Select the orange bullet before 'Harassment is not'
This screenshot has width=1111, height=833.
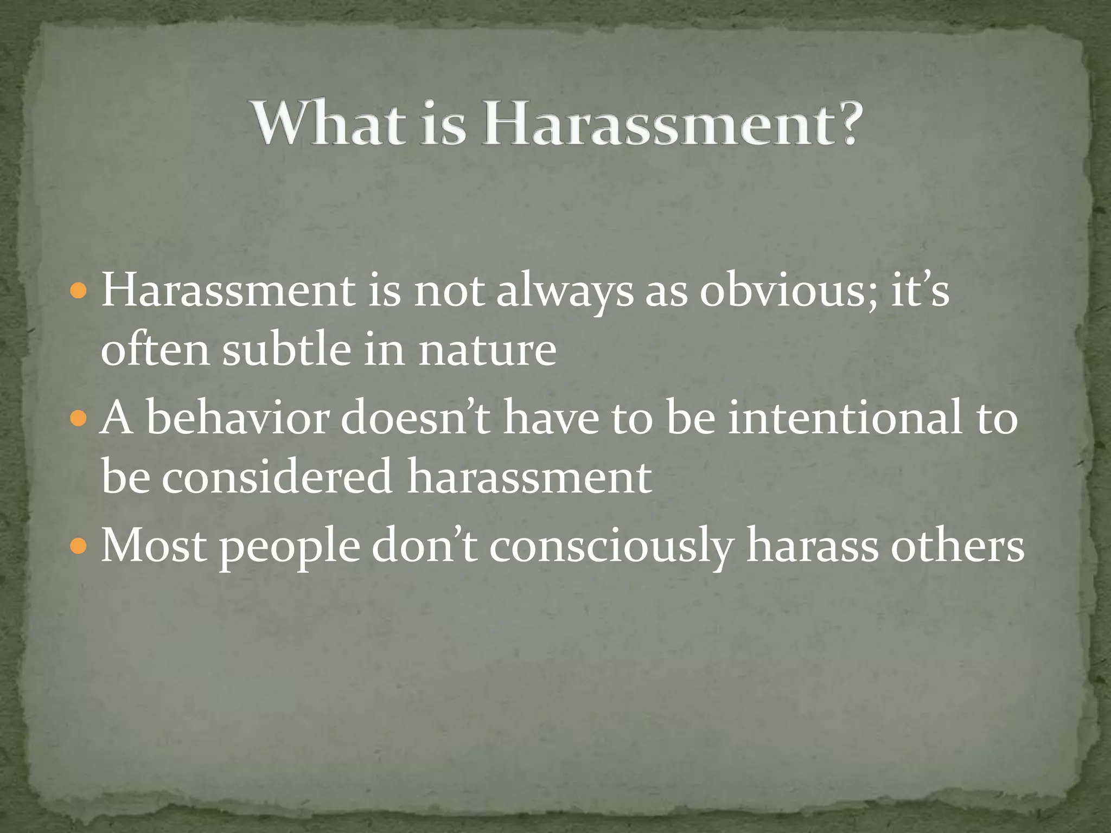(79, 291)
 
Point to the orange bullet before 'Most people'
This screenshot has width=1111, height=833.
(79, 546)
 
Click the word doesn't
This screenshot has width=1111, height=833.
(416, 419)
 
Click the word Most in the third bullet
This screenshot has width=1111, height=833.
(154, 546)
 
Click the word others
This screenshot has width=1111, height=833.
(957, 546)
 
